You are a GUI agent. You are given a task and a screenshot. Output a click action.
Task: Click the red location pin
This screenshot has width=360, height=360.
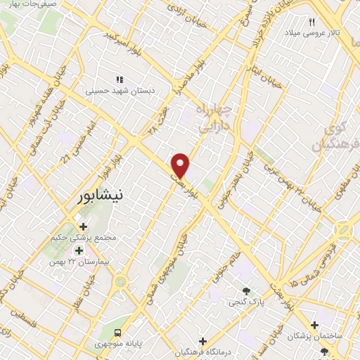point(181,165)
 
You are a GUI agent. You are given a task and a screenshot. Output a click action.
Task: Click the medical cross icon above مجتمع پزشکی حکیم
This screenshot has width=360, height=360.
point(84,227)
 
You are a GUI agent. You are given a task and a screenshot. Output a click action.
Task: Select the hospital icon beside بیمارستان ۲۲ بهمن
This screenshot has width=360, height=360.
point(79,250)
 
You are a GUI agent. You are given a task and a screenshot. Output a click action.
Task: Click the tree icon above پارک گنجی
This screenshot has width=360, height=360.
point(246,291)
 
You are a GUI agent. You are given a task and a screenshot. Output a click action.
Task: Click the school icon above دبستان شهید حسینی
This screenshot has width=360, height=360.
point(120,79)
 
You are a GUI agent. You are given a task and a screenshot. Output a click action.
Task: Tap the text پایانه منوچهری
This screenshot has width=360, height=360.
point(150,343)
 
